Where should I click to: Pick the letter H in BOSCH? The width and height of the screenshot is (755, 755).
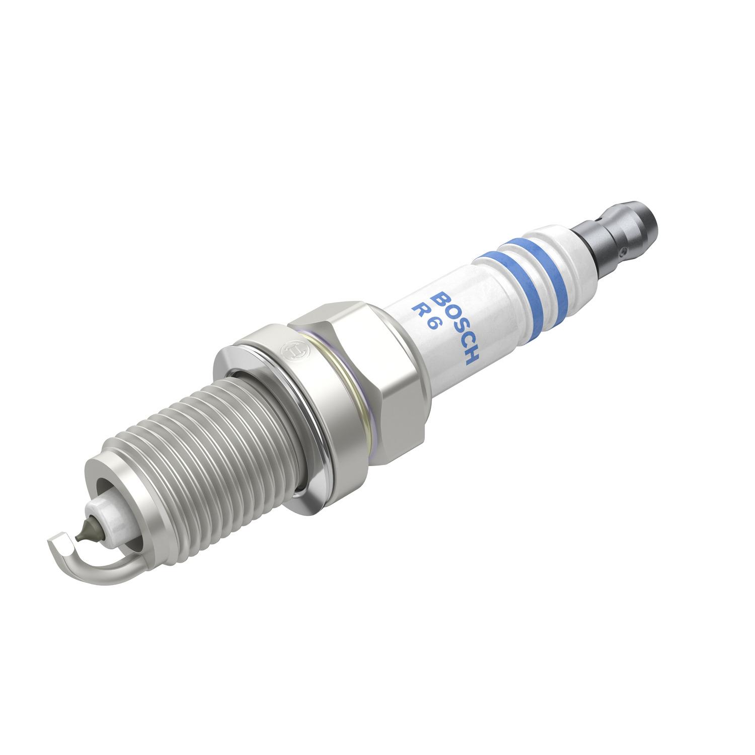click(x=474, y=357)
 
